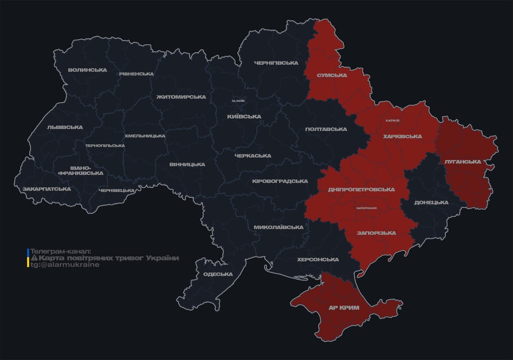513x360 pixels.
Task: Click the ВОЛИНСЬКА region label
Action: (x=87, y=70)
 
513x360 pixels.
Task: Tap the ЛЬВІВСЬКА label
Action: (x=65, y=127)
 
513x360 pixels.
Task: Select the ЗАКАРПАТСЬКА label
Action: (x=46, y=189)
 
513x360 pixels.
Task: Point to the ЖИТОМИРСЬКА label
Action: (x=181, y=97)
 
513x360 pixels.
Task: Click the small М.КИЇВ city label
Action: (x=238, y=101)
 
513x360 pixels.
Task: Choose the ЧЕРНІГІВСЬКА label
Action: (x=276, y=63)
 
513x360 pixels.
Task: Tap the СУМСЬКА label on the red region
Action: (x=332, y=75)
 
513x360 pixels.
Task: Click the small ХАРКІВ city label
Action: (x=392, y=120)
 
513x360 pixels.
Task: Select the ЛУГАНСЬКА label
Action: (x=462, y=162)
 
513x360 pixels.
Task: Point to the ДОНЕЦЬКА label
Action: (x=431, y=202)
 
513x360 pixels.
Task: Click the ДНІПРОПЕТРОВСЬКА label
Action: (x=361, y=189)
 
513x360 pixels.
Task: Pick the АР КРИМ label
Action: (x=344, y=307)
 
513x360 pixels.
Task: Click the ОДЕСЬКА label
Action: (x=218, y=274)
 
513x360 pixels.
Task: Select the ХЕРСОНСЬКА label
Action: (x=317, y=260)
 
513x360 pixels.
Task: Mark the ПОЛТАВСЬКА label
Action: (x=326, y=129)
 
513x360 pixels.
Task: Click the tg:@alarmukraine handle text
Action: (x=65, y=265)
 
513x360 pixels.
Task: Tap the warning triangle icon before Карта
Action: (x=34, y=258)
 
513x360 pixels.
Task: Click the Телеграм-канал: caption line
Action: (x=60, y=252)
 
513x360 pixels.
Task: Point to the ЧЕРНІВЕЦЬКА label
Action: (x=117, y=190)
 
